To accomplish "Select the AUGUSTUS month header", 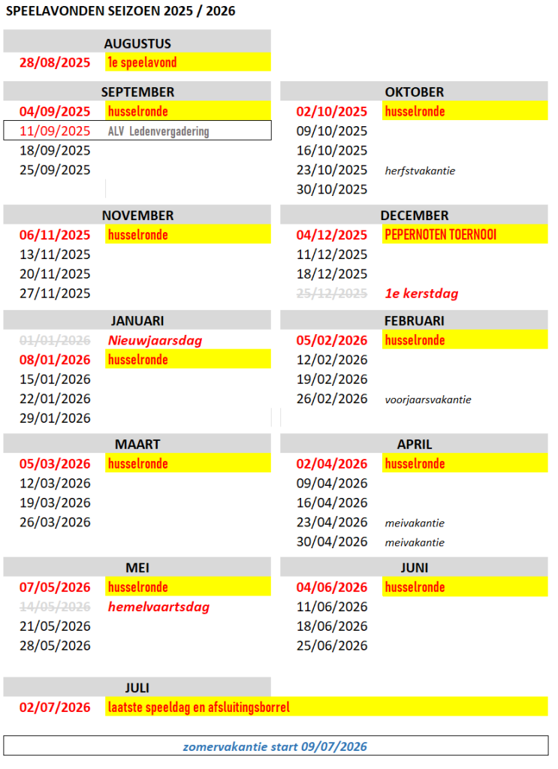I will pyautogui.click(x=137, y=44).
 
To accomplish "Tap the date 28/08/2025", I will pyautogui.click(x=55, y=62).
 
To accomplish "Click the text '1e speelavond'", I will pyautogui.click(x=143, y=62).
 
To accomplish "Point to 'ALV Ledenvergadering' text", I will pyautogui.click(x=158, y=131).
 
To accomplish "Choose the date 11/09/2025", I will pyautogui.click(x=55, y=131).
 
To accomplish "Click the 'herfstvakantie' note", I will pyautogui.click(x=420, y=170).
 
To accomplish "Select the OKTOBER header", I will pyautogui.click(x=415, y=92).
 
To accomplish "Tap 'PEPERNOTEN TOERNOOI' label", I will pyautogui.click(x=440, y=235).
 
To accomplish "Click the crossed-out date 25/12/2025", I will pyautogui.click(x=332, y=294).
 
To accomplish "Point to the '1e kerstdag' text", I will pyautogui.click(x=421, y=294).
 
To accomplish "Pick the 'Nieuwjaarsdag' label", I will pyautogui.click(x=155, y=340).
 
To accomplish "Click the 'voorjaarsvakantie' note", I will pyautogui.click(x=428, y=400).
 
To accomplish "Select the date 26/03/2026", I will pyautogui.click(x=55, y=522).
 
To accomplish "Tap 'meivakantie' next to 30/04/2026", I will pyautogui.click(x=415, y=542).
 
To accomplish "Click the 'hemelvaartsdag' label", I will pyautogui.click(x=158, y=607).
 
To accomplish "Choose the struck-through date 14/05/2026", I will pyautogui.click(x=55, y=607).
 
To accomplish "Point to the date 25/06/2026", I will pyautogui.click(x=332, y=645).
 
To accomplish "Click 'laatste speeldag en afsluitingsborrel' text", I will pyautogui.click(x=199, y=707).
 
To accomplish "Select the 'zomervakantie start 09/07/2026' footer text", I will pyautogui.click(x=276, y=746).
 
